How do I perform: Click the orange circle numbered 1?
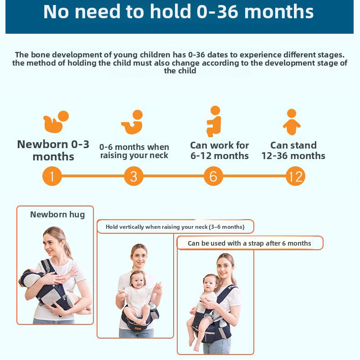pyautogui.click(x=52, y=176)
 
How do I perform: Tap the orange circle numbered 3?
pyautogui.click(x=134, y=176)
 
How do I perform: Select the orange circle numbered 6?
pyautogui.click(x=213, y=176)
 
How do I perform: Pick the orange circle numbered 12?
pyautogui.click(x=295, y=176)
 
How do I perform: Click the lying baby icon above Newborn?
pyautogui.click(x=56, y=122)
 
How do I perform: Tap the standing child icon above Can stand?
pyautogui.click(x=292, y=122)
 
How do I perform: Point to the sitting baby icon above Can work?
pyautogui.click(x=214, y=121)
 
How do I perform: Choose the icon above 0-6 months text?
pyautogui.click(x=132, y=122)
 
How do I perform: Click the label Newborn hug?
pyautogui.click(x=57, y=215)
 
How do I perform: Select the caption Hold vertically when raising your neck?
pyautogui.click(x=175, y=227)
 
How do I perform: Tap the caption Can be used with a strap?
pyautogui.click(x=249, y=243)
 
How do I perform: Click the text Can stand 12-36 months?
pyautogui.click(x=293, y=150)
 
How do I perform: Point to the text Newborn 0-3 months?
pyautogui.click(x=53, y=150)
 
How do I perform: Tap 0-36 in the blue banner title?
pyautogui.click(x=218, y=12)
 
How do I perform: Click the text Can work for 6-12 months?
pyautogui.click(x=219, y=150)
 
